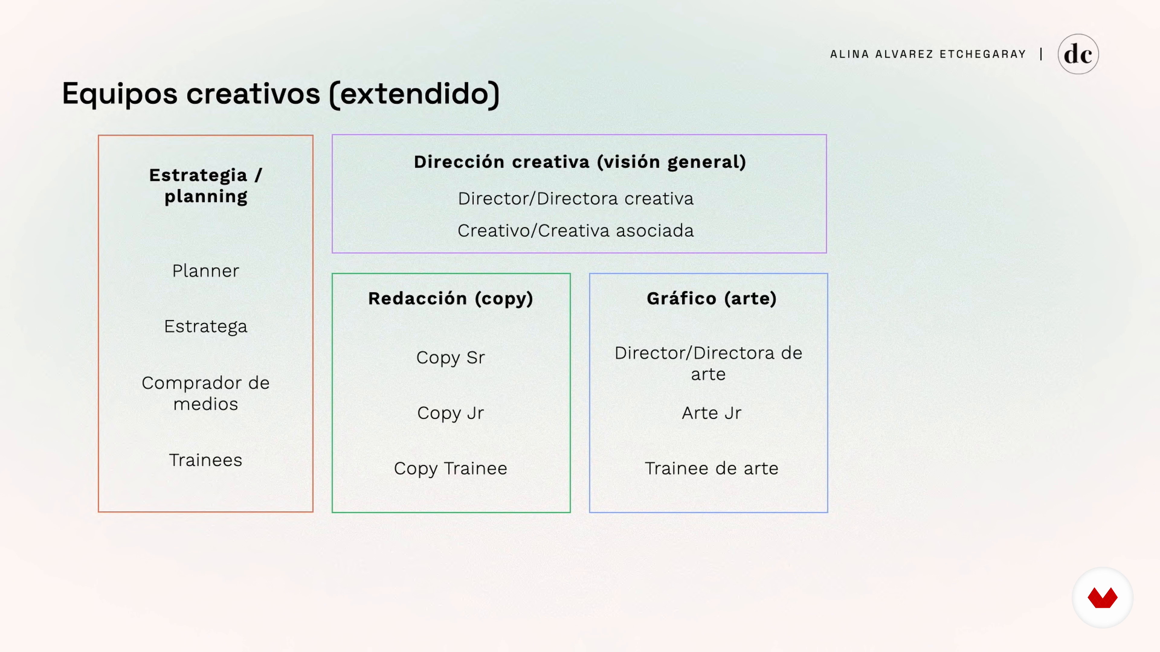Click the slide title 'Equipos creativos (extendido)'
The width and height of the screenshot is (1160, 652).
(281, 94)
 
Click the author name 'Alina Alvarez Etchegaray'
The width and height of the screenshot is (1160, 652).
(928, 54)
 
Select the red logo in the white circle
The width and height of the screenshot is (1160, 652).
(1102, 598)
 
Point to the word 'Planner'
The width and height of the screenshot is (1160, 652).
(206, 271)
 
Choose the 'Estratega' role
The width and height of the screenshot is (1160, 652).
(206, 327)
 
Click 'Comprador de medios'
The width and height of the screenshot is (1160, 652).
(206, 393)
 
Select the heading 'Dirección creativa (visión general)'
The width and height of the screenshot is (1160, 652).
(580, 162)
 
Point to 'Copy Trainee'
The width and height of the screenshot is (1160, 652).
(451, 469)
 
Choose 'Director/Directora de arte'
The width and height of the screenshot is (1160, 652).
(708, 363)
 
